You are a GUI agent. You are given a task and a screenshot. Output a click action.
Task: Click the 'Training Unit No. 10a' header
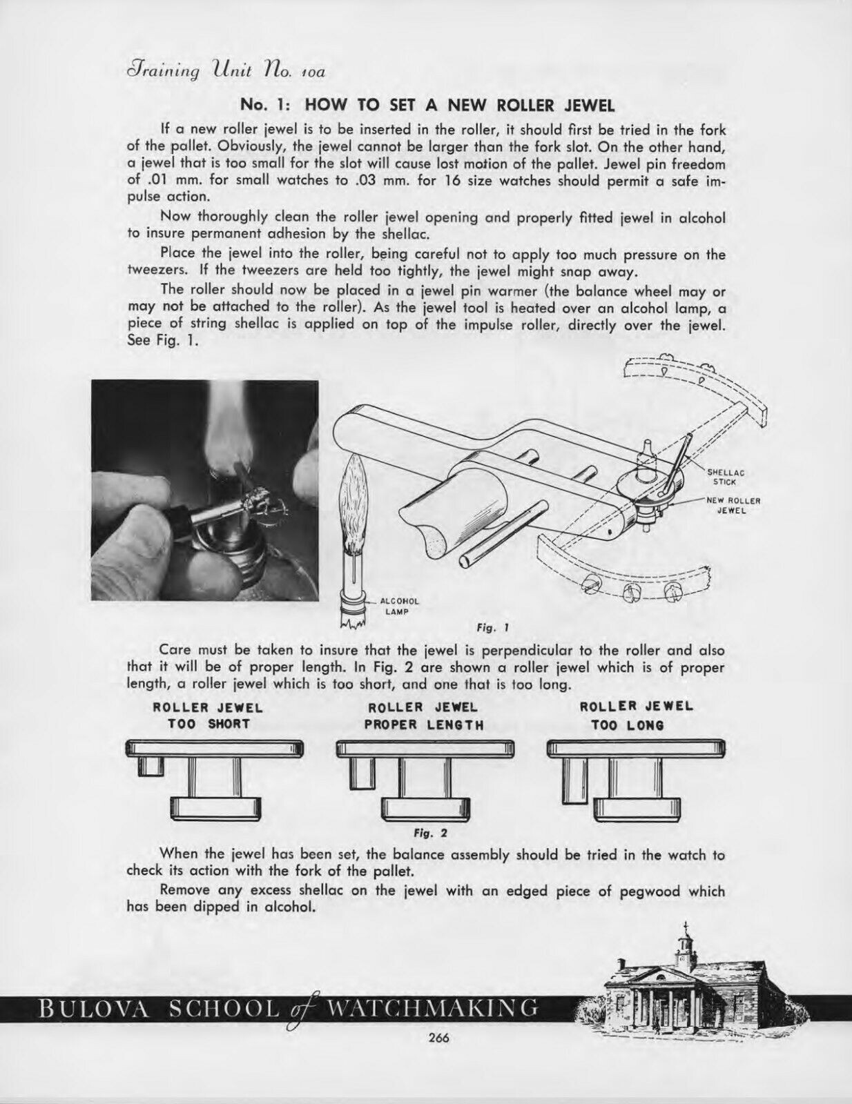224,70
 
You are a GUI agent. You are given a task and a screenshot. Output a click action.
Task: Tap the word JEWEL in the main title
584,105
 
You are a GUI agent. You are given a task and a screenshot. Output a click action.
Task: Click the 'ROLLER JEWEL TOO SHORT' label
208,716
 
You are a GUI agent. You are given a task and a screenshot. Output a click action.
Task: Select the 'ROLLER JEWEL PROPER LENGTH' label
424,716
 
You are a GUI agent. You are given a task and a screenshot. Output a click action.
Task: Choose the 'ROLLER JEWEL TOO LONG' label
636,716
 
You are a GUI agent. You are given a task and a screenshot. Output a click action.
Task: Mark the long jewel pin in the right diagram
573,780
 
